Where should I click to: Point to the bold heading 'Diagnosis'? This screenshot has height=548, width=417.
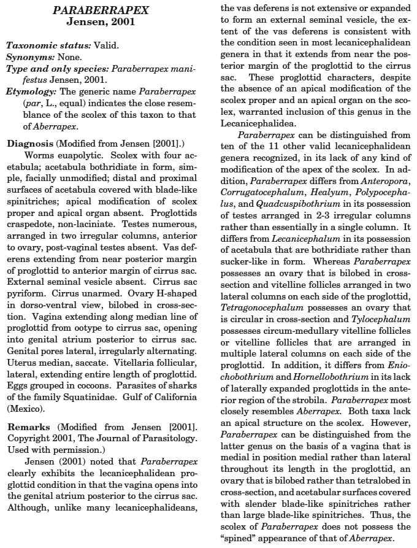pos(30,144)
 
